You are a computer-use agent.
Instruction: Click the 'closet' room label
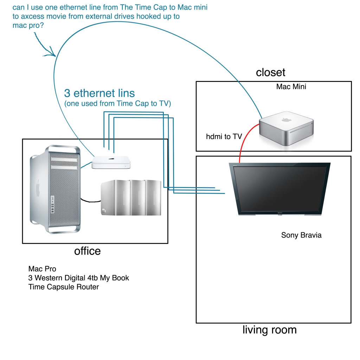(x=270, y=72)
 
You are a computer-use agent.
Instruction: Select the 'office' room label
(x=87, y=251)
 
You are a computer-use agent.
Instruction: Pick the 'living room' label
(x=269, y=330)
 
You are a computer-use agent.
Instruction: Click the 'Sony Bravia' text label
(x=301, y=235)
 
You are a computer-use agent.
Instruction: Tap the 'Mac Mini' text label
(x=291, y=86)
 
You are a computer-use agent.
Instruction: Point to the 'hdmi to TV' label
(x=224, y=136)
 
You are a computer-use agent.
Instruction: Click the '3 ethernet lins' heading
(x=99, y=93)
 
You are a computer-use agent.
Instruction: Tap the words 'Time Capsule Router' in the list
(x=64, y=287)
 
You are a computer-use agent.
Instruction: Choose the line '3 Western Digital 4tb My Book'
(x=79, y=278)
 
